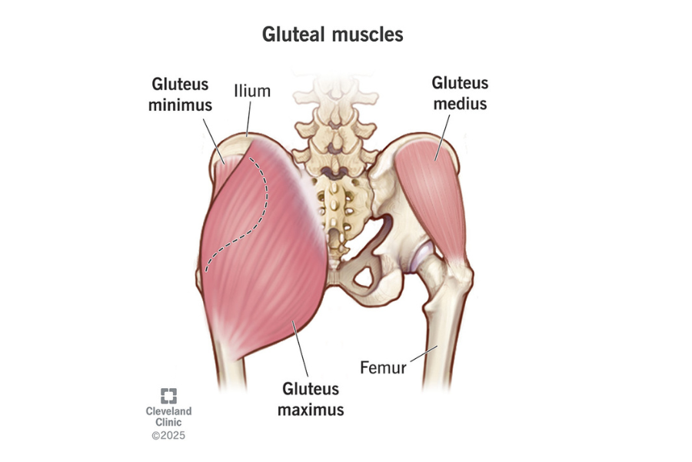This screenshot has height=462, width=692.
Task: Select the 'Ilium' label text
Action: coord(252,92)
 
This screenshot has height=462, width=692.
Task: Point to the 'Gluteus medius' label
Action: coord(459,92)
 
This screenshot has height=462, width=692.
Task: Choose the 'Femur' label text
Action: coord(383,367)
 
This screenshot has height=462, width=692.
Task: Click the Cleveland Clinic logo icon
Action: coord(168,396)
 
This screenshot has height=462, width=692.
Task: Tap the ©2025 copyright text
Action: coord(168,436)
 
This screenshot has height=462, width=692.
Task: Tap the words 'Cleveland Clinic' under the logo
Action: coord(168,417)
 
